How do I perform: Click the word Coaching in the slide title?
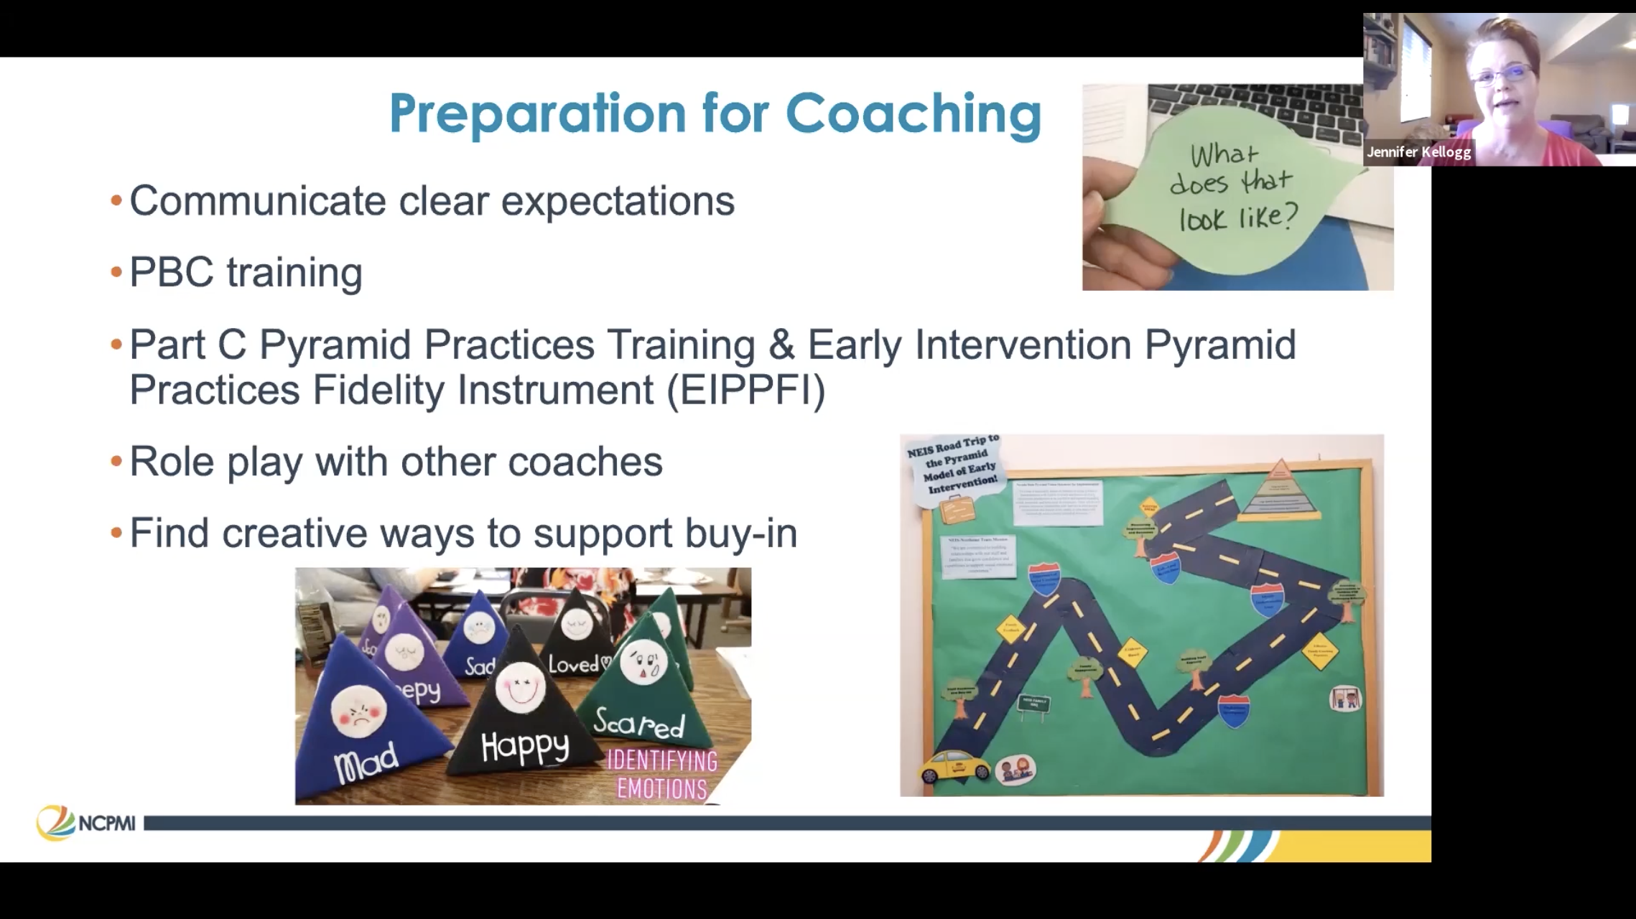[x=913, y=113]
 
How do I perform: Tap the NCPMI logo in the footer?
[x=86, y=824]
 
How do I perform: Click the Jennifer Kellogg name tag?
[x=1418, y=152]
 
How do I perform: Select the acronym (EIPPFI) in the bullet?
[x=746, y=390]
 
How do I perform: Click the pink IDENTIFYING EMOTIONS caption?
[x=662, y=775]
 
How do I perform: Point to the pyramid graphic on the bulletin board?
[x=1278, y=495]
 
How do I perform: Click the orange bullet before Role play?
[x=116, y=462]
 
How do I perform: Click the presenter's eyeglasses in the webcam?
[x=1506, y=74]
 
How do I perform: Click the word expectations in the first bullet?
[x=618, y=200]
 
